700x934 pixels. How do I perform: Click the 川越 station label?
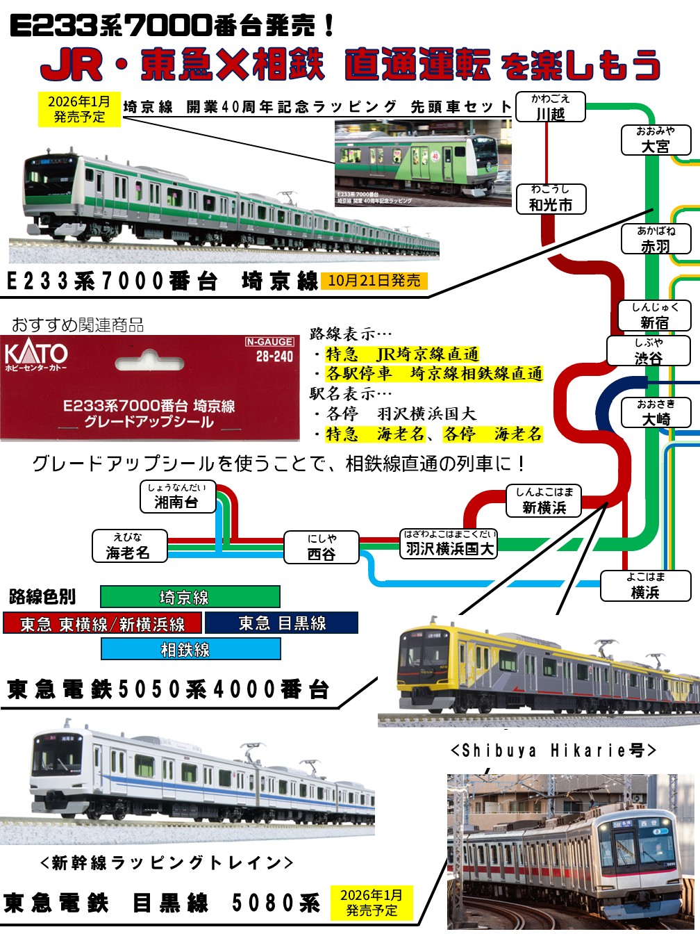pos(551,107)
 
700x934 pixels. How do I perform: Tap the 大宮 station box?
pos(656,140)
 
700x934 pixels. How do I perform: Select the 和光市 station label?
pos(551,199)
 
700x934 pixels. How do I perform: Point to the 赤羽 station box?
pos(656,239)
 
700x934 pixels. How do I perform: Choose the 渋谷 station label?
pos(648,352)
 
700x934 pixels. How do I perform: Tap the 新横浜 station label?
pos(544,501)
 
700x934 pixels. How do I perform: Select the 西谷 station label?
pos(322,547)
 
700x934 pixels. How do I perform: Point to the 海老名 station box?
pos(128,546)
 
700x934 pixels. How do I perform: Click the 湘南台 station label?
pos(176,496)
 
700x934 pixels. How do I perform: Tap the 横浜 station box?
pos(645,586)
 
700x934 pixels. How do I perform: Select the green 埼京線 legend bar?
pos(190,597)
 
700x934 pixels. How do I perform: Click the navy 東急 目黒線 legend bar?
pos(281,623)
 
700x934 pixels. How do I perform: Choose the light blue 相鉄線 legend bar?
pos(190,649)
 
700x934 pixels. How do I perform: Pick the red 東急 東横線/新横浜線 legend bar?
pos(102,623)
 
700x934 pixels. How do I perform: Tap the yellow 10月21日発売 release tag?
pos(374,281)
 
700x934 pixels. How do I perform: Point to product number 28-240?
pos(274,357)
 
